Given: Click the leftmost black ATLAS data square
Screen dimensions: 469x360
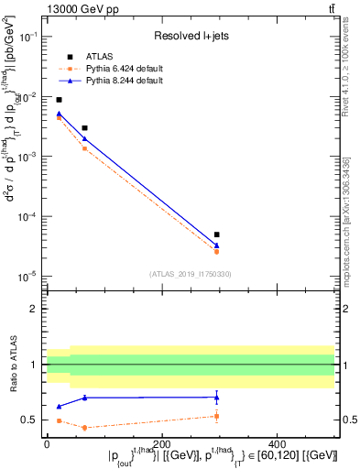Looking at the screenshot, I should (x=60, y=100).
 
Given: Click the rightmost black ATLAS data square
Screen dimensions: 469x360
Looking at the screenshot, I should (x=217, y=234).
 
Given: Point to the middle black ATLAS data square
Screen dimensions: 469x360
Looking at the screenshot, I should (x=84, y=128).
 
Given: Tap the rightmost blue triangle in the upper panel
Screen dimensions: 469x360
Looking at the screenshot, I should (x=217, y=245).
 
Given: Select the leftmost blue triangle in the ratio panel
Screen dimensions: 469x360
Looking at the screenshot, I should (x=60, y=407).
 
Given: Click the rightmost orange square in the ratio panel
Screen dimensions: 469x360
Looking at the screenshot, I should (x=217, y=416).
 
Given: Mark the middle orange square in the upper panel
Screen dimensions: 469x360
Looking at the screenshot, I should (x=84, y=147).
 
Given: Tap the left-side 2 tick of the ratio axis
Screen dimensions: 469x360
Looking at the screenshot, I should (x=37, y=309).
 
